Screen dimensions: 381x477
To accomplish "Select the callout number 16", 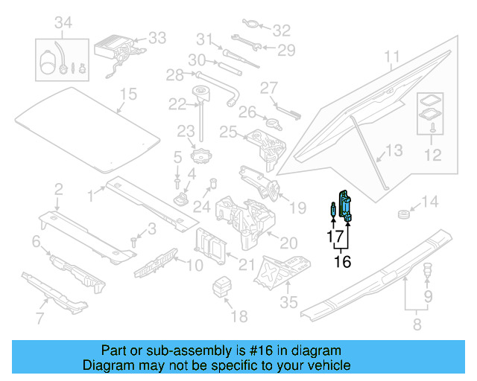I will click(342, 261).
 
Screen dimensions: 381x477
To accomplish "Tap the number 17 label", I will click(334, 237).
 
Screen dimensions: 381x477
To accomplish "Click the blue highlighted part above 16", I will click(347, 204).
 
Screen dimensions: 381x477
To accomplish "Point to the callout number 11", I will click(392, 56).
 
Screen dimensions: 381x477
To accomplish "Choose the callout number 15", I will click(129, 94).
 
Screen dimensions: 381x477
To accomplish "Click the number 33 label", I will click(157, 37).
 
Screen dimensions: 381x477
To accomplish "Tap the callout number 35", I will click(288, 302).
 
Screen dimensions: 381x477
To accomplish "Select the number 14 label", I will click(431, 201).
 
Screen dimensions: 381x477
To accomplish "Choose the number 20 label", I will click(288, 243).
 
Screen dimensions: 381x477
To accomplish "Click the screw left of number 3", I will click(134, 240).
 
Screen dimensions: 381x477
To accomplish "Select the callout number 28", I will click(174, 74).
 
